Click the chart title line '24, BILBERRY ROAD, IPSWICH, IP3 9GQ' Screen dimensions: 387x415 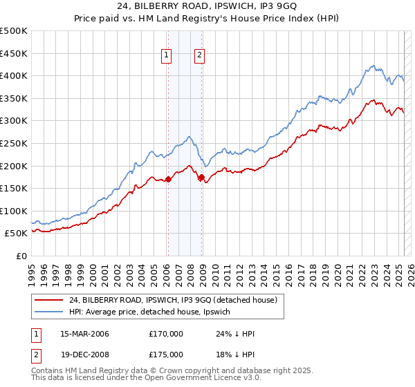tap(207, 8)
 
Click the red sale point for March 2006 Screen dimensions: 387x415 tap(168, 180)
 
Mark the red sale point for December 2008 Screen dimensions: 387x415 tap(201, 178)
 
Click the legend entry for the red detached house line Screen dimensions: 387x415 tap(173, 299)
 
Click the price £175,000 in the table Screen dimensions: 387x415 tap(166, 354)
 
